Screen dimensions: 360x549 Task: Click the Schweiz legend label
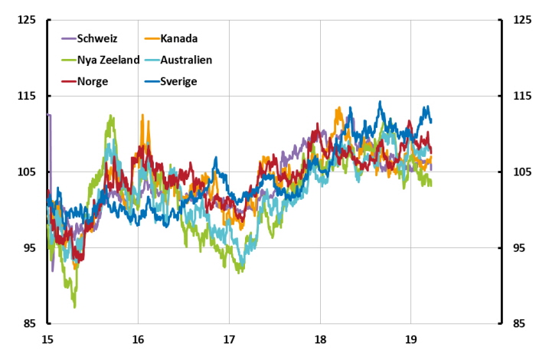pos(97,38)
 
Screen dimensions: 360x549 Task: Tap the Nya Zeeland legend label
pos(108,59)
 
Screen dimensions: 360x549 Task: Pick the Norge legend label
pos(92,80)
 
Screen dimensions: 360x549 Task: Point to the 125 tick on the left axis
pos(27,21)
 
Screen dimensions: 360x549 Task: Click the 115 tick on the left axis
pos(27,97)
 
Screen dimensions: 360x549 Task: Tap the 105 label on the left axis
pos(27,172)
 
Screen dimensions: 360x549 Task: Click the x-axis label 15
pos(47,339)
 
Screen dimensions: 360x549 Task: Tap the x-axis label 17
pos(228,339)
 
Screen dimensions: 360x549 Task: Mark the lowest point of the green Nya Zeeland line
pos(74,306)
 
